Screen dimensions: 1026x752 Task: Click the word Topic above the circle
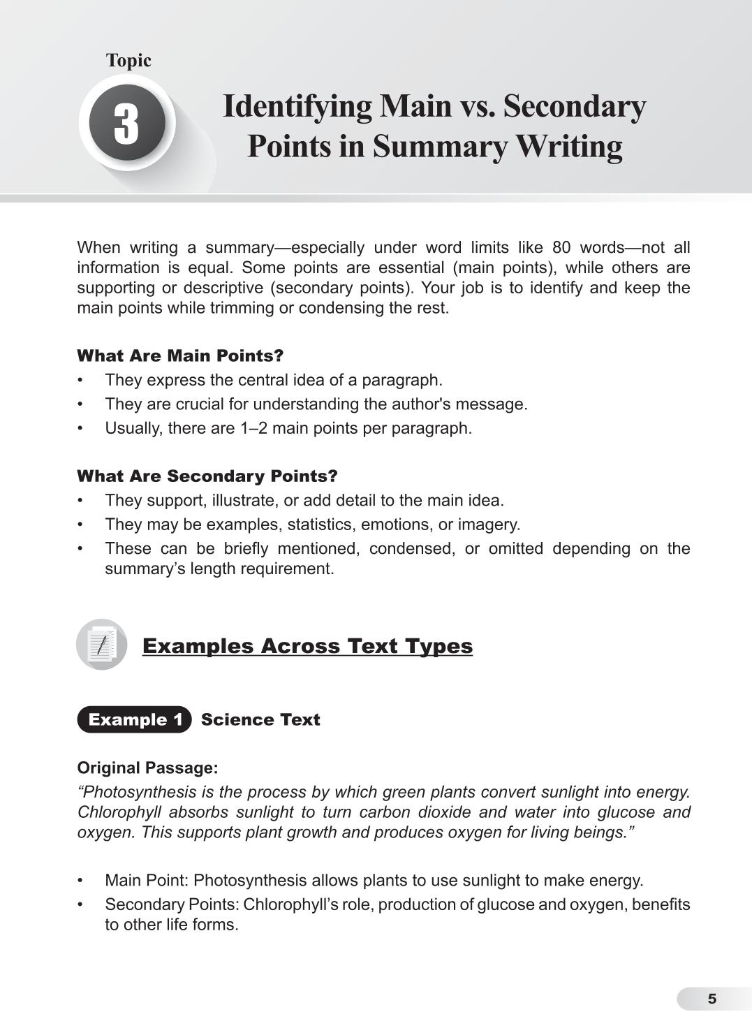128,61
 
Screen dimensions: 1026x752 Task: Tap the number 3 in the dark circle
127,124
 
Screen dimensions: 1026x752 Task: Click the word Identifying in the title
297,106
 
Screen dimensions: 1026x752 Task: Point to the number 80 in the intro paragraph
561,248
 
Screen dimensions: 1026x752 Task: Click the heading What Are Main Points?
180,356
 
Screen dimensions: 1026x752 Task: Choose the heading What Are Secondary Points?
207,476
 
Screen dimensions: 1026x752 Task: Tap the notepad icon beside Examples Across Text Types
102,645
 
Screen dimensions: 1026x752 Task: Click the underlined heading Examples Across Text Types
307,646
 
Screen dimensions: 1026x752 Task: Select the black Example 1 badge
134,720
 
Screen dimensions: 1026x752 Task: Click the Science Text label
260,720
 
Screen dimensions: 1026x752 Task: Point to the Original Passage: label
147,768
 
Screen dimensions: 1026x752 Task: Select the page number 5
712,999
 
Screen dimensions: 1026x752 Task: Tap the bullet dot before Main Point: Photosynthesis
80,881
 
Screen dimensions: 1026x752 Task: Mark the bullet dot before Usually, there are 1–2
80,428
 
